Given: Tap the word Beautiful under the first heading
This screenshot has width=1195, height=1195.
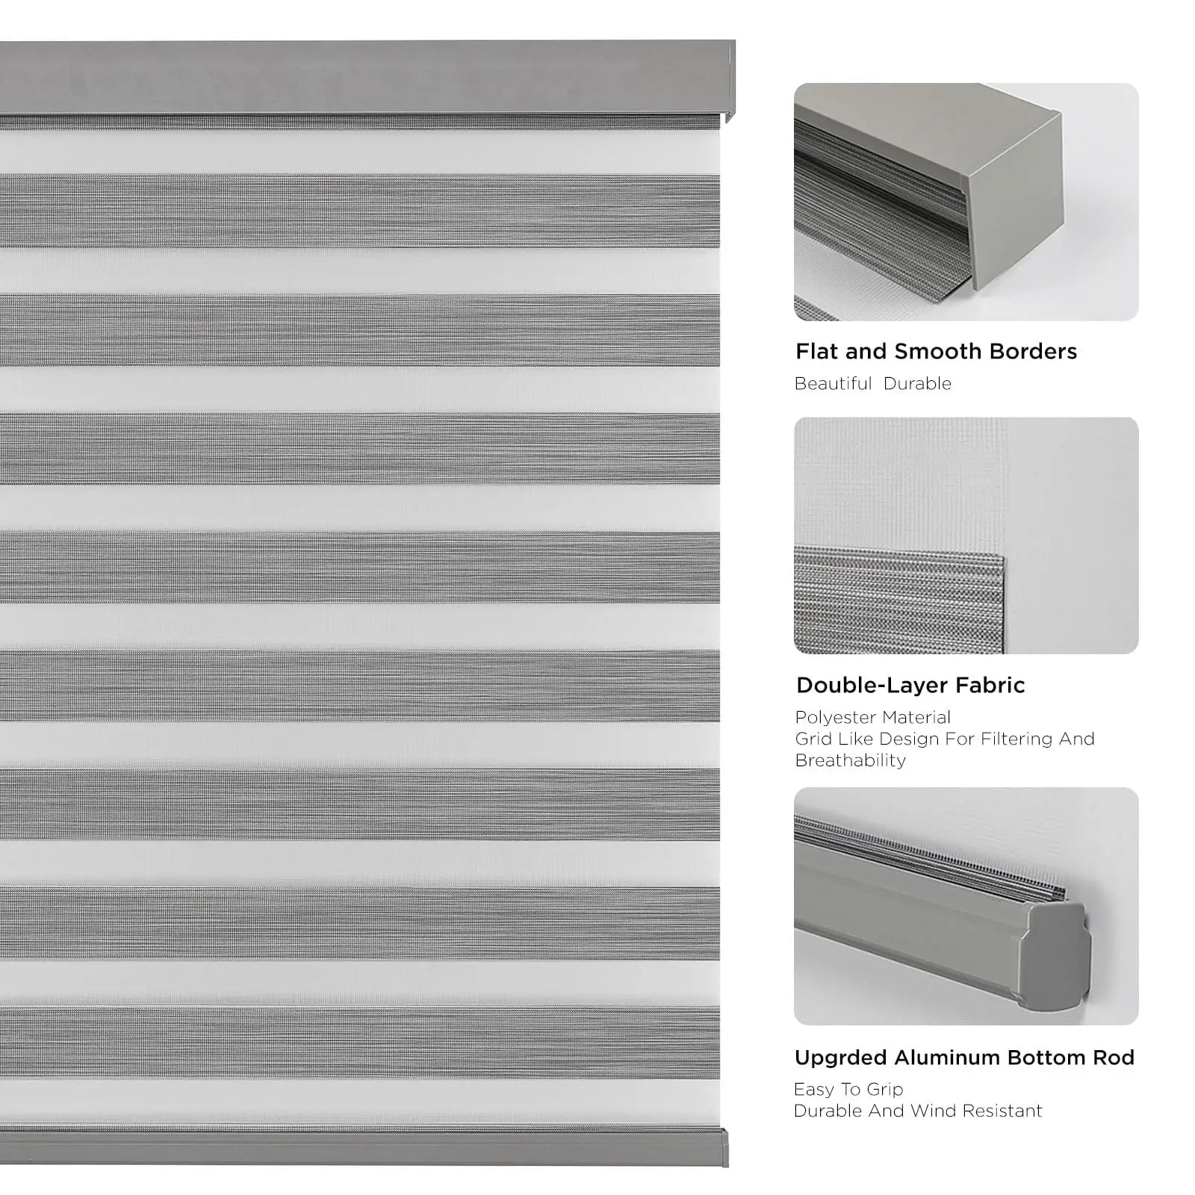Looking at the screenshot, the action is (x=833, y=384).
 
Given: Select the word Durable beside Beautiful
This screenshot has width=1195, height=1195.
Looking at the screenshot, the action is (x=917, y=384).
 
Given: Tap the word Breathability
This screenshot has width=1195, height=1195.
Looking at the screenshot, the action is (x=850, y=760).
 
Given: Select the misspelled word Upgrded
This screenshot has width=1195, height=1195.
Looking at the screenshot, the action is (x=840, y=1058).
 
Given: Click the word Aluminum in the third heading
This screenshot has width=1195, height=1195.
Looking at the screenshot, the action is (x=947, y=1058).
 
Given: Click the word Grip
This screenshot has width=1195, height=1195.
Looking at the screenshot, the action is (x=885, y=1090).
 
